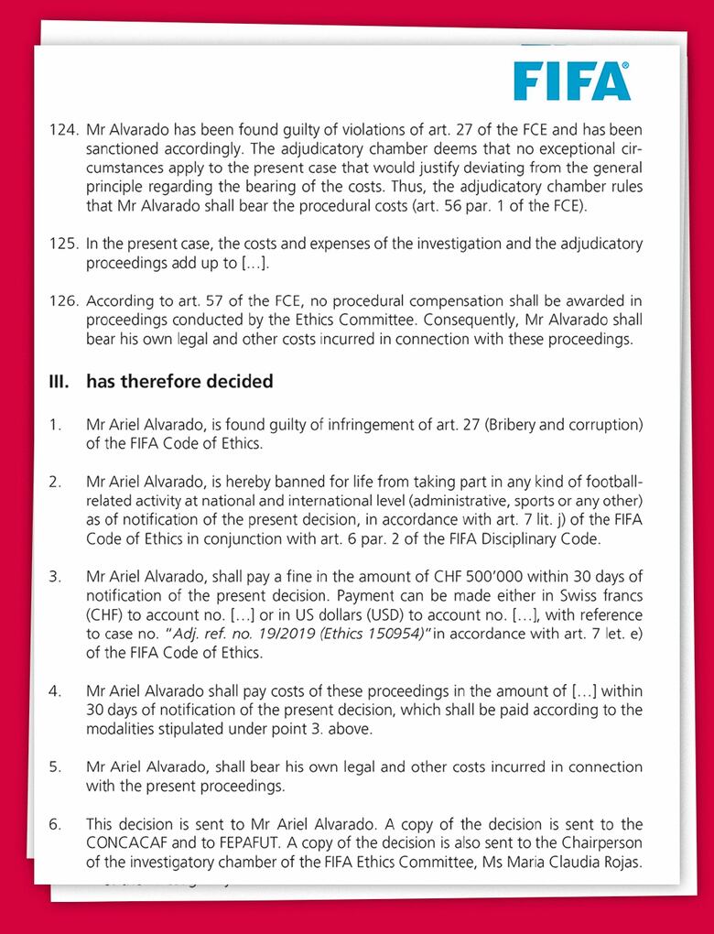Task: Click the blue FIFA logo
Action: coord(571,81)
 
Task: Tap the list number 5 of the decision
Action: coord(56,766)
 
